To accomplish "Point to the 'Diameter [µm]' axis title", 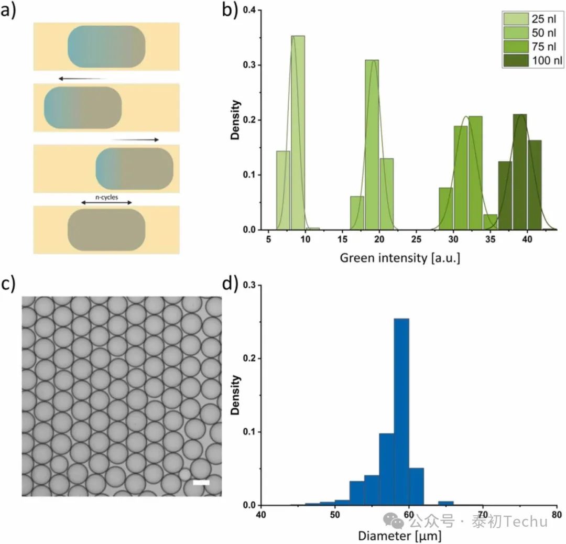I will coord(400,536).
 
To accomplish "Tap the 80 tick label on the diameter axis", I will coord(557,516).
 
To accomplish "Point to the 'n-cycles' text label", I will coord(106,197).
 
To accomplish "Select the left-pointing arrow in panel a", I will coord(82,78).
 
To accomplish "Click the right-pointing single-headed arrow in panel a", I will coord(135,140).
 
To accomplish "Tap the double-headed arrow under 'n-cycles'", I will coord(106,203).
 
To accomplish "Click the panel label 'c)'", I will coord(9,284).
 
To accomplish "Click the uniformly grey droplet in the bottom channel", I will coord(106,230).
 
